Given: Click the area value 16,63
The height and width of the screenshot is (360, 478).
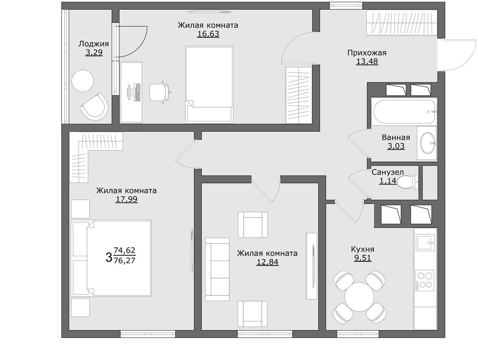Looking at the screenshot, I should [208, 34].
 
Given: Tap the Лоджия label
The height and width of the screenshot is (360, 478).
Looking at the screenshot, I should [94, 44].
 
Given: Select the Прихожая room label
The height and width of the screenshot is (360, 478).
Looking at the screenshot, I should [367, 53].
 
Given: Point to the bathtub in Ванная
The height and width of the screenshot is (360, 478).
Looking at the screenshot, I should [404, 111].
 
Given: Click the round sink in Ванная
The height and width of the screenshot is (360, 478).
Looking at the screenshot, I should [428, 143].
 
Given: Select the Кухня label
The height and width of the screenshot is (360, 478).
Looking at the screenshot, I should [363, 249].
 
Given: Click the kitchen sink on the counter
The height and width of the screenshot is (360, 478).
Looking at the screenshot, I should [424, 242].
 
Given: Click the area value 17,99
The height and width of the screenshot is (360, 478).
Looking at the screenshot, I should [126, 200].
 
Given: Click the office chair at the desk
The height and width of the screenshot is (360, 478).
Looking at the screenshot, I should [159, 92].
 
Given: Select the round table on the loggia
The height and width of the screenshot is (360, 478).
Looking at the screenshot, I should [83, 81].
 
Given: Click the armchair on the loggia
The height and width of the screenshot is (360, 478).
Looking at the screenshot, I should [95, 107].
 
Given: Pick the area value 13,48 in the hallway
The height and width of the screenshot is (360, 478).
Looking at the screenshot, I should [367, 62].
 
